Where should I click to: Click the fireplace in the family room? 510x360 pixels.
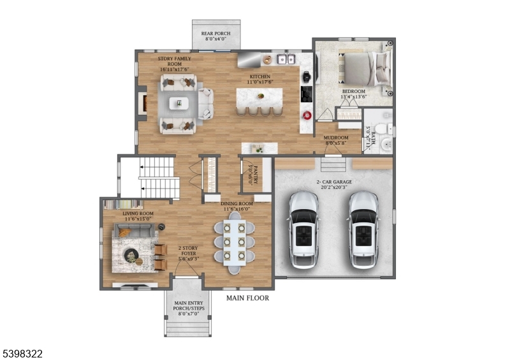[143, 104]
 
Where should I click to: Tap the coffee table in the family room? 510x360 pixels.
[178, 103]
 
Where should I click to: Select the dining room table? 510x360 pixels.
[235, 242]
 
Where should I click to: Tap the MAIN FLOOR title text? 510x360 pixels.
[247, 298]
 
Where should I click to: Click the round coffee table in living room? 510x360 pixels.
[132, 256]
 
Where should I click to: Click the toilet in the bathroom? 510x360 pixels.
[381, 129]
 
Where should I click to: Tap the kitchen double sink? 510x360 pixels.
[284, 60]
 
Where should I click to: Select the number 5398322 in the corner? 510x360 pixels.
[22, 353]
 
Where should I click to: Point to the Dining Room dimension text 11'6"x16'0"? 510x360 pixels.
[235, 208]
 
